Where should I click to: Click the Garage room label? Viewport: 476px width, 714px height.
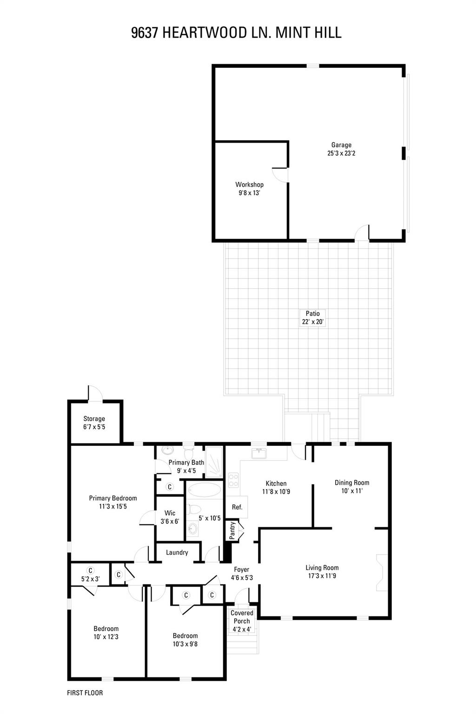[341, 145]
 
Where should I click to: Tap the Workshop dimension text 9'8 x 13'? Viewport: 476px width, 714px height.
[249, 193]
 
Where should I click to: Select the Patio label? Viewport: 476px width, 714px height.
[312, 314]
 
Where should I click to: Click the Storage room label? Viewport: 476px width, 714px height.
[94, 419]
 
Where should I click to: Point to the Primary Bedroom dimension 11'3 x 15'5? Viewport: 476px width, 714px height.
[113, 507]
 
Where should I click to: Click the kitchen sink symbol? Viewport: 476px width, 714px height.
[259, 453]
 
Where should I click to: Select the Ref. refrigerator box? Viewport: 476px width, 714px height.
[237, 507]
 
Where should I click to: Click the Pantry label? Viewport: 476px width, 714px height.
[232, 531]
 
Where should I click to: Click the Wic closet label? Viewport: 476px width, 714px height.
[170, 513]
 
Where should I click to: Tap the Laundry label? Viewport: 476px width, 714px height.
[177, 552]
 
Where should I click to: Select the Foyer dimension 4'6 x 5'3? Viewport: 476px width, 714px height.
[242, 577]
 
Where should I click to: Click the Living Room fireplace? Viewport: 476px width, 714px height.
[383, 573]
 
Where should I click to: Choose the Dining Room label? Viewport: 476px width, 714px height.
[352, 483]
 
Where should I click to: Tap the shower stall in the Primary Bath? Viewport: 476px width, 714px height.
[214, 462]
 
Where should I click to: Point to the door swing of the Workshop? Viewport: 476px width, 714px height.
[280, 175]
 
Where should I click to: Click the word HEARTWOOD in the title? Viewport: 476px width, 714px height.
[205, 33]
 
